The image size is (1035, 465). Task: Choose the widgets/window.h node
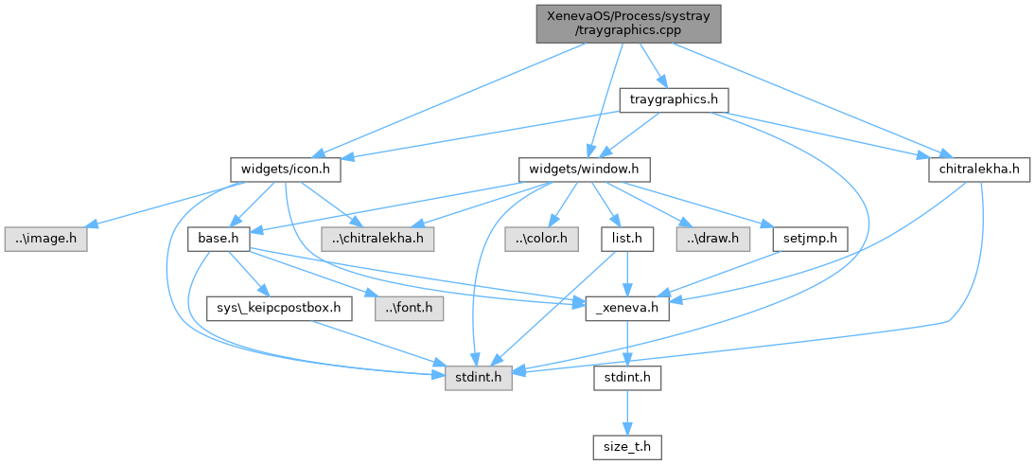click(585, 170)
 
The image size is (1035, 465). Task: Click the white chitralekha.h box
click(979, 170)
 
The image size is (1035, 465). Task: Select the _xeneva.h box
click(626, 308)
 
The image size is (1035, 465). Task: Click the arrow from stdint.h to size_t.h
click(626, 413)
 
